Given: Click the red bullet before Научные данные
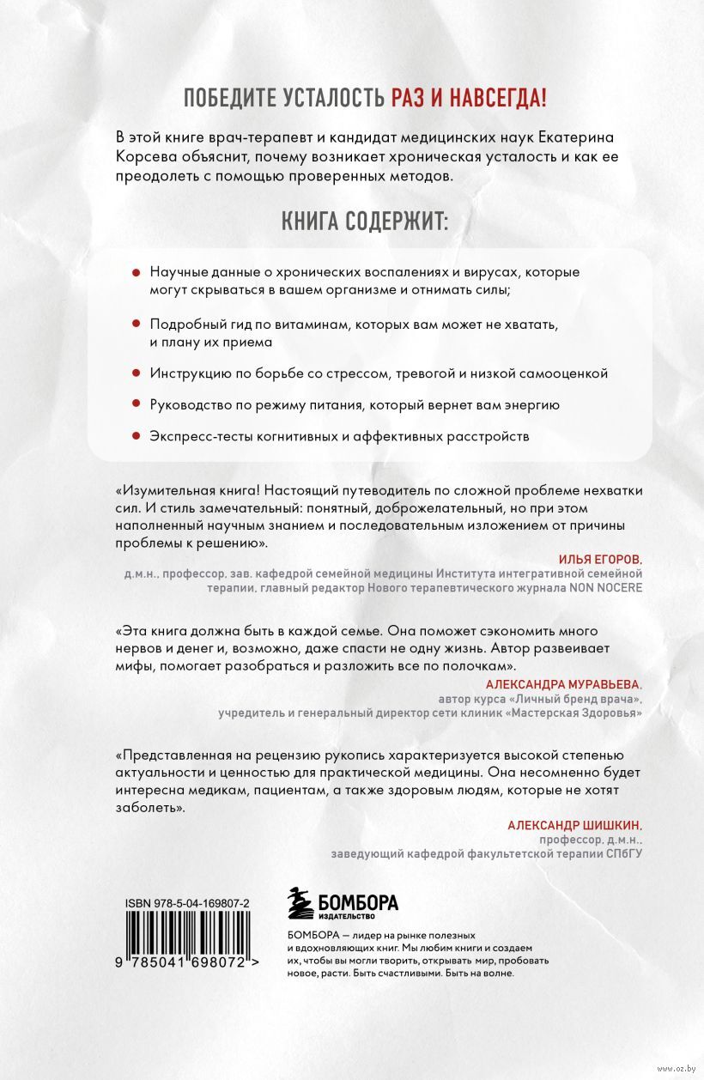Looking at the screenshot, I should (x=136, y=272).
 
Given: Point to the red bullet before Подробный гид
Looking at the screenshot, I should (x=136, y=326).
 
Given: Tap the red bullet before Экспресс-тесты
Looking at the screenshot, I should (x=136, y=436).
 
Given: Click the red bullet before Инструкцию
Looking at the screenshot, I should (x=136, y=373).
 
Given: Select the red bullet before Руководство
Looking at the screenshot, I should (x=136, y=405).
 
